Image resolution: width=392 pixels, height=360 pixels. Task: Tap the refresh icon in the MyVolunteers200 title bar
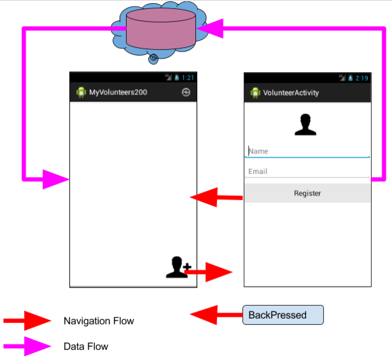tap(186, 92)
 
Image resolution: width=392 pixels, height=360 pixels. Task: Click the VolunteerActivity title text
tap(291, 93)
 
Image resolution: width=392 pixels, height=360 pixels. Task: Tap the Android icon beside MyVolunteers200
tap(81, 92)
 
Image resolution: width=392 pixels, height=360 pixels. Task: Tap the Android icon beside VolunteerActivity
tap(255, 93)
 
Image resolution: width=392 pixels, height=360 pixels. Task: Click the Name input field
tap(307, 152)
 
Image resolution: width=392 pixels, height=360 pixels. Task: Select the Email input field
tap(307, 171)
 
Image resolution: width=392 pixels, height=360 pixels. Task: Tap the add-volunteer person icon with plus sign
tap(178, 267)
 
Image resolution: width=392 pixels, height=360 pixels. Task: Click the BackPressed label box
tap(283, 315)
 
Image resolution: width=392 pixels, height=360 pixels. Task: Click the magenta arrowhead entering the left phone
tap(55, 179)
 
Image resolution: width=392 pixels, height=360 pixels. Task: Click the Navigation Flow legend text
tap(99, 321)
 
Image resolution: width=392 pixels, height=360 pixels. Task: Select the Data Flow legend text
tap(86, 347)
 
